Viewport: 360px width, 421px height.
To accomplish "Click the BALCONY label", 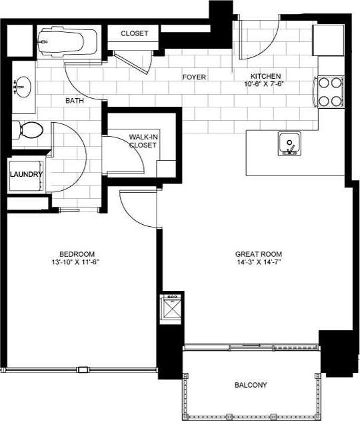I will click(251, 385).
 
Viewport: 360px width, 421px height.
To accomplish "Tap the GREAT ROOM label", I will click(259, 254).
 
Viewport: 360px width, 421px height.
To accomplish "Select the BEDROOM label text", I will click(77, 254).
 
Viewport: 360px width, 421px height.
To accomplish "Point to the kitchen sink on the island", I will click(289, 143).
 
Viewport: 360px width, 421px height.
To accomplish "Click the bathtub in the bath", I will click(65, 42).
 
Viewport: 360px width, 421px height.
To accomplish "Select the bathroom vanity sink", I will click(22, 86).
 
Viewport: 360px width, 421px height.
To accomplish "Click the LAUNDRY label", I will click(27, 175).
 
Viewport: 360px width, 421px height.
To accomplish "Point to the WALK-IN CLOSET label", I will click(143, 140).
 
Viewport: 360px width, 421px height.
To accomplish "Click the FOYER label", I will click(194, 77).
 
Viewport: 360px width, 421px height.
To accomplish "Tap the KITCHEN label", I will click(265, 76).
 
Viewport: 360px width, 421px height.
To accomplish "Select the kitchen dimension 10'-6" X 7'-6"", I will click(265, 85).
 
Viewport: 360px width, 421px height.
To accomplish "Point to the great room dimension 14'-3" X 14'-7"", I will click(259, 263).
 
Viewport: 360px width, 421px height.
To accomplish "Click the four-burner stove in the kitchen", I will click(328, 91).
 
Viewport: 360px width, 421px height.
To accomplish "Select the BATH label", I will click(73, 101).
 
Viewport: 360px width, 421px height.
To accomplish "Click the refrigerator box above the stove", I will click(328, 40).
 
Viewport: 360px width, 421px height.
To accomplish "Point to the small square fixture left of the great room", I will click(172, 308).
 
